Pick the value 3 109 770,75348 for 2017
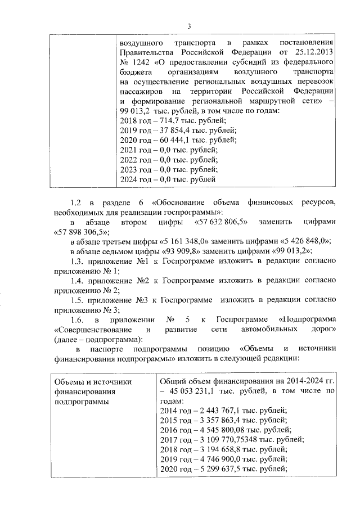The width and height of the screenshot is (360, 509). pyautogui.click(x=227, y=439)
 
